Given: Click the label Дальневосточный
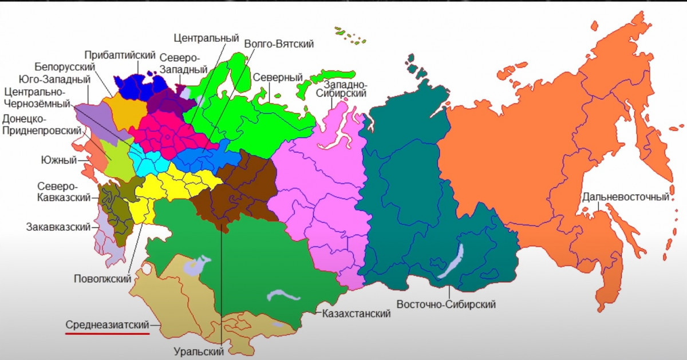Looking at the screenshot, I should [626, 197].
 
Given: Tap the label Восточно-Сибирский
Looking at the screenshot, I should [446, 304].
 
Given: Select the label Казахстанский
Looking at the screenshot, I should [356, 314].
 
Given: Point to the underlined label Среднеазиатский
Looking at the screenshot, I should [107, 324].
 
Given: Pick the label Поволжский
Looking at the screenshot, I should [102, 279].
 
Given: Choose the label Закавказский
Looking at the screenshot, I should [58, 227].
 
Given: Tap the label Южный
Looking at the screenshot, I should [58, 160].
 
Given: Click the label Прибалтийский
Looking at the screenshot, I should [120, 55].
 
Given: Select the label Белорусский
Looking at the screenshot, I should [64, 67].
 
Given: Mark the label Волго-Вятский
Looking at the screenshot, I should [279, 44].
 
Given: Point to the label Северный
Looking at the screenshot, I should [278, 77].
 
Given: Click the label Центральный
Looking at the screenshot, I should [206, 38].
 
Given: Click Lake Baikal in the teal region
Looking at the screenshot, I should [452, 260].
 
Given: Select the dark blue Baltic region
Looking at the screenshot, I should [135, 86].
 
